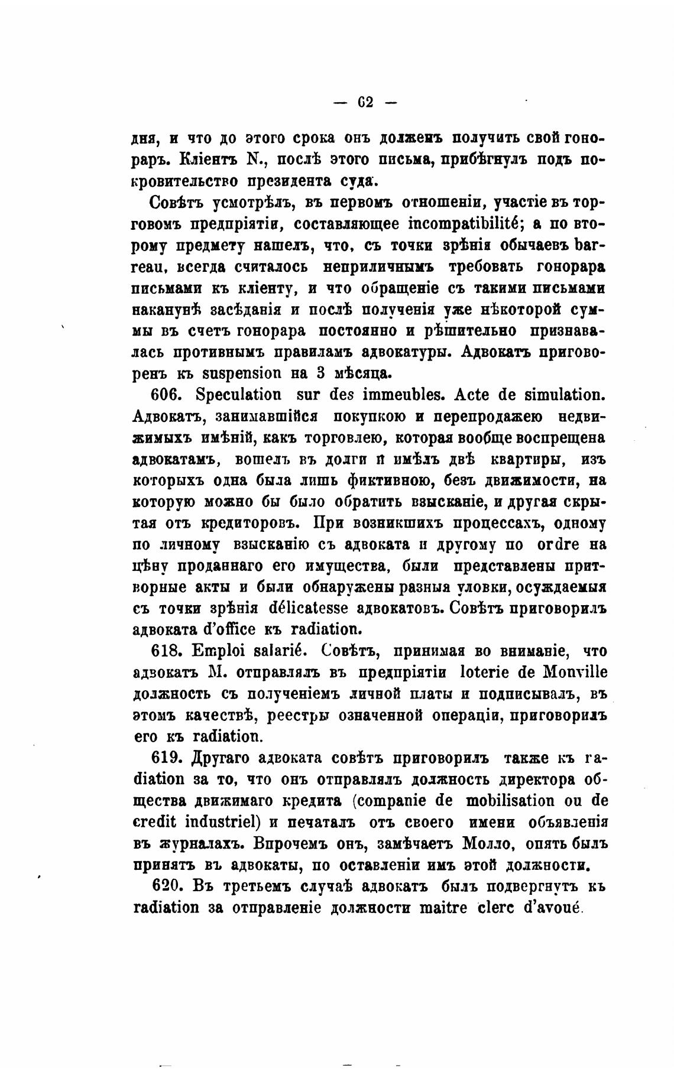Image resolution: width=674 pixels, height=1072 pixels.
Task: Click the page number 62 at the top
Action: tap(365, 102)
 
